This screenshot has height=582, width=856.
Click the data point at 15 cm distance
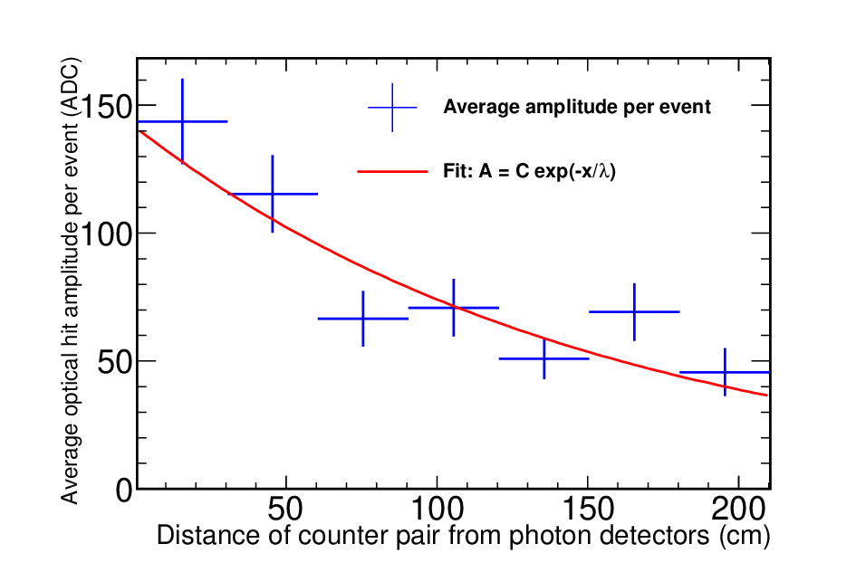pos(182,121)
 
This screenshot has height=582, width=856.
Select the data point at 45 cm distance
pos(273,194)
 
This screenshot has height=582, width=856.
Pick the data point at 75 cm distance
pos(363,319)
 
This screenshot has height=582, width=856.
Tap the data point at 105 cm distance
pos(454,308)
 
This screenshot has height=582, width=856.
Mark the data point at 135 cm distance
pos(544,358)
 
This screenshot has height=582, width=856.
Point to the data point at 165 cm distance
pos(634,311)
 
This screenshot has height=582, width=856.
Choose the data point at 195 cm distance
pos(725,373)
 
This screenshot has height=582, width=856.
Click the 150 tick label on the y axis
pos(107,106)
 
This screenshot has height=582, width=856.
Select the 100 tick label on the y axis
pos(107,234)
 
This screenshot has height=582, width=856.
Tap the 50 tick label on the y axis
pos(116,362)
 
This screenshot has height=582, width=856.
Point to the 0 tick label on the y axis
pos(125,490)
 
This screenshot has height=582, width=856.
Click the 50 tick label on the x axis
pos(285,509)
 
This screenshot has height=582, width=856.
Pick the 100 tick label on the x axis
pos(437,509)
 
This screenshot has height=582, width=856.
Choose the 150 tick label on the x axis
pos(588,509)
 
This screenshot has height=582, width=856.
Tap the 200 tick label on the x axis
pos(738,509)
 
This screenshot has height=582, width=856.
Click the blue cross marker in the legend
pos(392,108)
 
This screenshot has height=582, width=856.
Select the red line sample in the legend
pos(392,171)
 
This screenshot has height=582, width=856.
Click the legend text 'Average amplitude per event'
pos(577,107)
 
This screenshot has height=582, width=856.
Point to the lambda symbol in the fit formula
pos(604,171)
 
